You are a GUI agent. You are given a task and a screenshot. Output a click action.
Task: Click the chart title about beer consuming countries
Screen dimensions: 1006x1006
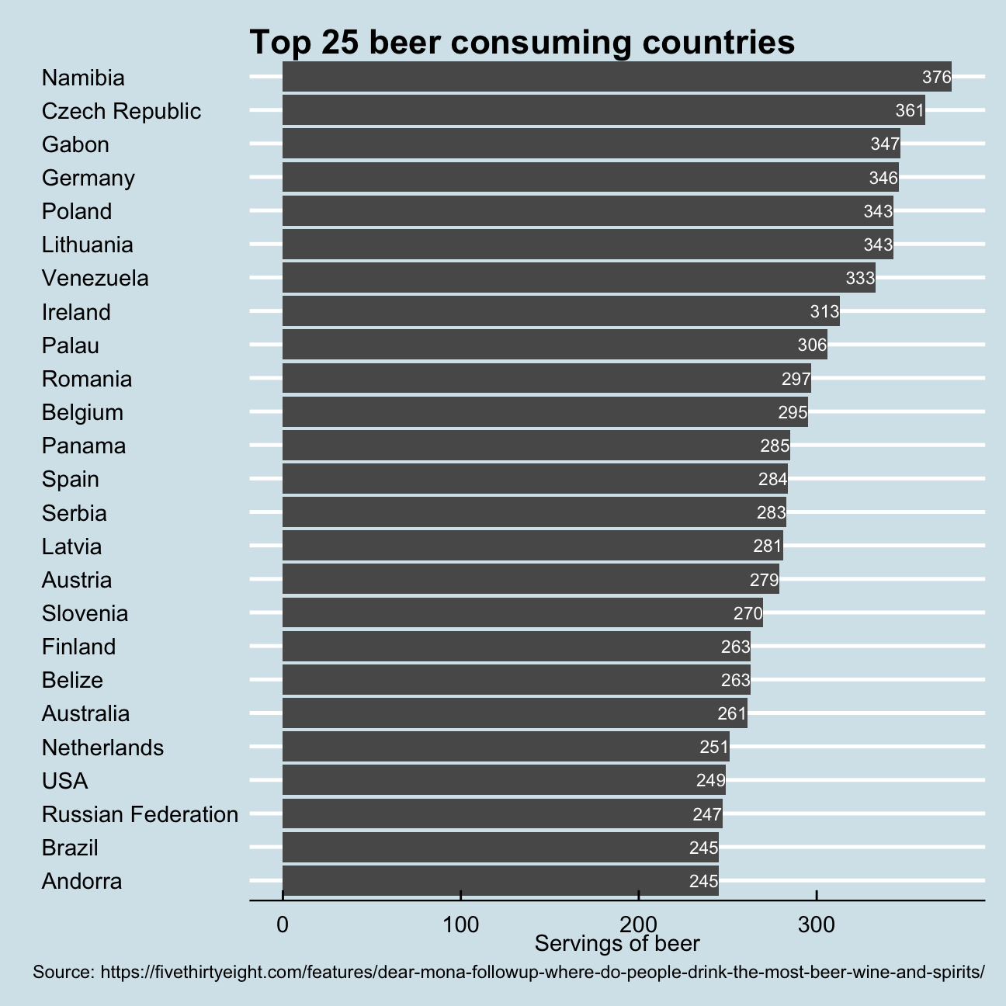(x=522, y=43)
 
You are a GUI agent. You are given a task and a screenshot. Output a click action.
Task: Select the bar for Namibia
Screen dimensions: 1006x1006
(x=616, y=77)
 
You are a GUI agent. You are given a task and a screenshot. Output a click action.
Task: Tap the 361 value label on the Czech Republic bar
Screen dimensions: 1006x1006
(x=910, y=110)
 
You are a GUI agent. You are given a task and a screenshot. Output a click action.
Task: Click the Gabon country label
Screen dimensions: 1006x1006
(x=75, y=144)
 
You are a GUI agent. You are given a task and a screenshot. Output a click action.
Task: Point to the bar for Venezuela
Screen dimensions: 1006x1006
(x=578, y=278)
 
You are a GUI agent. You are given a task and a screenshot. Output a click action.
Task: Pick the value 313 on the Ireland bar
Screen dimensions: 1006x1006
(x=824, y=312)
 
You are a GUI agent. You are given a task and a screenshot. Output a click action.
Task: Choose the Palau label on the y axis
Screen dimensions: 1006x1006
(x=71, y=345)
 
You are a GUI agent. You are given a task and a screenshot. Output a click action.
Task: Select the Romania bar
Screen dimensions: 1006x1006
(x=546, y=379)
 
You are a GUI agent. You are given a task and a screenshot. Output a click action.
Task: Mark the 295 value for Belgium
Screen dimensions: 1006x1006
(x=793, y=412)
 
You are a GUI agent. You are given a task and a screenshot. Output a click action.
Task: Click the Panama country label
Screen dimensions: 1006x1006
(x=84, y=446)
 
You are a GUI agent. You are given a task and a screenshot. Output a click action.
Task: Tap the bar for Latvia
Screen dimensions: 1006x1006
(x=532, y=546)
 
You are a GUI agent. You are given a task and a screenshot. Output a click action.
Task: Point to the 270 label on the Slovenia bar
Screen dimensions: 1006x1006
(x=748, y=613)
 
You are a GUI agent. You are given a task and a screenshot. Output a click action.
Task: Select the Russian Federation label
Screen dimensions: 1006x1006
(x=140, y=814)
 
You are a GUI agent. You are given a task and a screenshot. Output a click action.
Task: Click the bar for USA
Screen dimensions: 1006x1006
(x=504, y=780)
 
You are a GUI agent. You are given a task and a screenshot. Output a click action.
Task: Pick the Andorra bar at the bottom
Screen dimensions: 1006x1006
(x=500, y=881)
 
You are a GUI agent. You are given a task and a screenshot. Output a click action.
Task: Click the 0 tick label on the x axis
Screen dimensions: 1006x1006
(x=283, y=925)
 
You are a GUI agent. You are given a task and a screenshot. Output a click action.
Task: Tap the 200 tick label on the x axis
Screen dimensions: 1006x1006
(x=639, y=925)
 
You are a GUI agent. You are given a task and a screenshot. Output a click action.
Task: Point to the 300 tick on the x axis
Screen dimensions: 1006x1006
(x=817, y=925)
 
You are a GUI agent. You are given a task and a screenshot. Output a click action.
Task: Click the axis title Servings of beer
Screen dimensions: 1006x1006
(x=617, y=944)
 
